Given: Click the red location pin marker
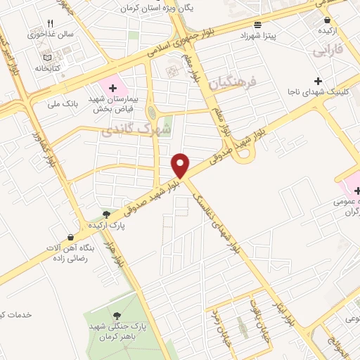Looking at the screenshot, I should pos(181,165).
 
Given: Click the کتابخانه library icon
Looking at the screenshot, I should pos(46,58).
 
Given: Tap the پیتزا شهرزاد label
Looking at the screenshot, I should pos(269,34).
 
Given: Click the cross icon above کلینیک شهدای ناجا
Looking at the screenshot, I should pos(318,82).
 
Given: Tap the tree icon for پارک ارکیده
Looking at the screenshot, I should pos(105,214).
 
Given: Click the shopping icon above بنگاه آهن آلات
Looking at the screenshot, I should pos(70,237).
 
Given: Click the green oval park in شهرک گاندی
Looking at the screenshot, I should pos(151,112).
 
